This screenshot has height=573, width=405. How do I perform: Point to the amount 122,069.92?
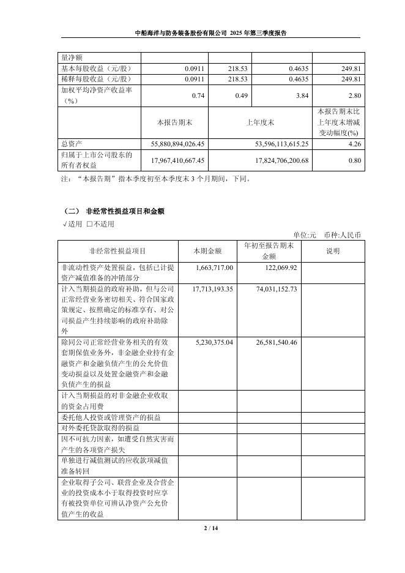[277, 268]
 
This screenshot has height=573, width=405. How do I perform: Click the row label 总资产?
[72, 143]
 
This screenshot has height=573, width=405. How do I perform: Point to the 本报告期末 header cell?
[175, 122]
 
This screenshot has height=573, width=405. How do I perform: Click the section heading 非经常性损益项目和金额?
[125, 211]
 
